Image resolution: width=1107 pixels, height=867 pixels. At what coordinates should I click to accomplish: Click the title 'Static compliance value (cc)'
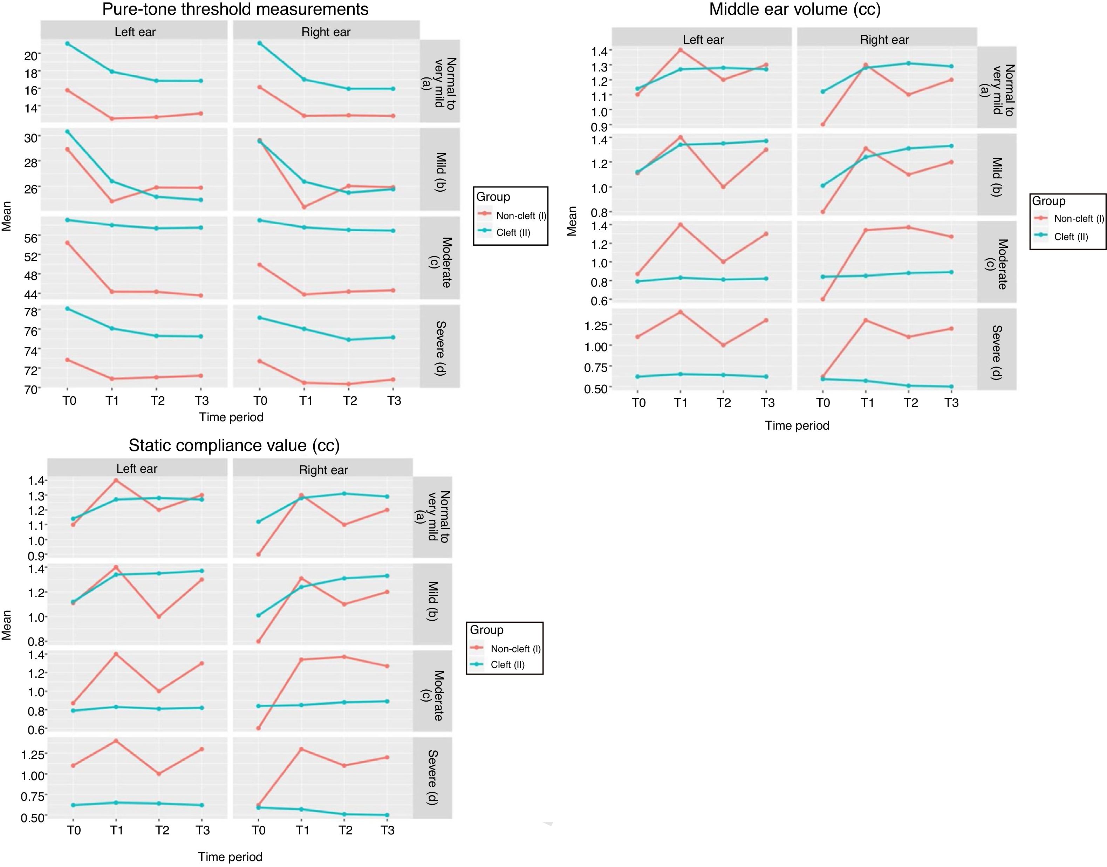234,445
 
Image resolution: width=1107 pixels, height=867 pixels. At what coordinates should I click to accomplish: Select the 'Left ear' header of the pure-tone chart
135,32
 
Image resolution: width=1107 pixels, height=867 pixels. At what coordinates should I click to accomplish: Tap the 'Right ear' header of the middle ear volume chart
884,40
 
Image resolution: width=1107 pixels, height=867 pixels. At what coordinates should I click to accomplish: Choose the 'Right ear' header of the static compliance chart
323,470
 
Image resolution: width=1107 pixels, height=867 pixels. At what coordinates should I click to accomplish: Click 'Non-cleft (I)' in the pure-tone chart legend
521,216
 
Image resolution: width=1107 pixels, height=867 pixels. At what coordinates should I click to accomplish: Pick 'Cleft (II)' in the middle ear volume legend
1071,237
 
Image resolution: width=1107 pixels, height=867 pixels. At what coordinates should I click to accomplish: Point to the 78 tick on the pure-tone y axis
31,312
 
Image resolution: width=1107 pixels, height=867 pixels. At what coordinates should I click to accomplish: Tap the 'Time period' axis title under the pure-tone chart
231,417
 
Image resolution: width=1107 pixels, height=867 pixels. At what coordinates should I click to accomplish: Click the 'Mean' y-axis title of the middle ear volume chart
572,221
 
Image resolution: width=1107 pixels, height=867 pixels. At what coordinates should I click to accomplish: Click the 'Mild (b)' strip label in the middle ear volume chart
996,176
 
